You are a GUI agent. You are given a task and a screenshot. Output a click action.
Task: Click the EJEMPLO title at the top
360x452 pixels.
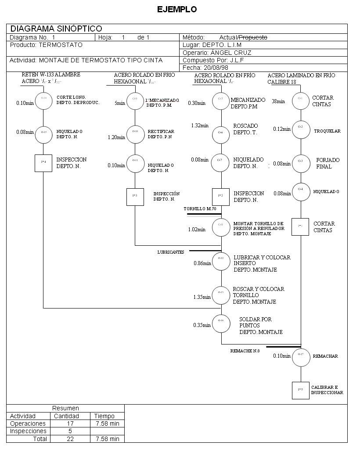click(x=177, y=9)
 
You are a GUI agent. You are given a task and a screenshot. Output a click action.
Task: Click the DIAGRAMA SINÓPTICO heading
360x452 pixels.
click(x=56, y=29)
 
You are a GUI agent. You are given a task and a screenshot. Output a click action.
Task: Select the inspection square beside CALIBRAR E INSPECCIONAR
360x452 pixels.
click(x=301, y=390)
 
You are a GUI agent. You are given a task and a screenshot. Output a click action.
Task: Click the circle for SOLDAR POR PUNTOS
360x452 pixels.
click(x=221, y=324)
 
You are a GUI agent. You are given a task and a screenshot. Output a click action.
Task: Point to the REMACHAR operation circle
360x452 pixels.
click(x=301, y=356)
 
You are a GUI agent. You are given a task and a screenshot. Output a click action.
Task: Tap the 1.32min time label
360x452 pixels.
click(x=200, y=126)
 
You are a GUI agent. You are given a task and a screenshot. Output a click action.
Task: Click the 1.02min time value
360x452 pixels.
click(x=197, y=230)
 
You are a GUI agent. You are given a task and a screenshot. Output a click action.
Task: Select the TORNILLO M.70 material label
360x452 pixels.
click(x=200, y=209)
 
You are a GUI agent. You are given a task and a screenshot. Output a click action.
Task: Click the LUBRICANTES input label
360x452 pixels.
click(x=171, y=252)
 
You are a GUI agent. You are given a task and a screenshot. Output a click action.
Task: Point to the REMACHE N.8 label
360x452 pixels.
click(x=245, y=351)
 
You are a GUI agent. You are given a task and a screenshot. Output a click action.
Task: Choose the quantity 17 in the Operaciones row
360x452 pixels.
click(x=70, y=424)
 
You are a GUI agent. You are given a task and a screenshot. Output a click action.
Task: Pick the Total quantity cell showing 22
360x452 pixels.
click(x=70, y=439)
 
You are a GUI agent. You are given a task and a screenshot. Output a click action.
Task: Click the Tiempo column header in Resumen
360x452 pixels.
click(x=104, y=416)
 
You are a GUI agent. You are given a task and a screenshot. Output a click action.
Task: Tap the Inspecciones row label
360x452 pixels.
click(x=28, y=431)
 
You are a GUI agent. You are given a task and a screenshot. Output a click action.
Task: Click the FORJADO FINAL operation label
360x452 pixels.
click(x=328, y=163)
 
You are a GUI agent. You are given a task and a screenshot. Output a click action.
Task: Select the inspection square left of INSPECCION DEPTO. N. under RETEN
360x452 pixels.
click(x=43, y=163)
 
